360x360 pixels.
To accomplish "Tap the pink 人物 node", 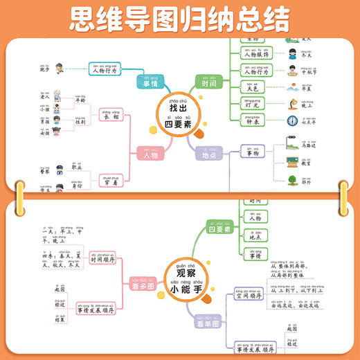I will tap(150, 156).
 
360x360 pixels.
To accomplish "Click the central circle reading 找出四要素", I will tap(178, 114).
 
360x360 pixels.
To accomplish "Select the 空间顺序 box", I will tap(250, 294).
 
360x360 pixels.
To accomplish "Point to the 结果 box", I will tap(60, 341).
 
